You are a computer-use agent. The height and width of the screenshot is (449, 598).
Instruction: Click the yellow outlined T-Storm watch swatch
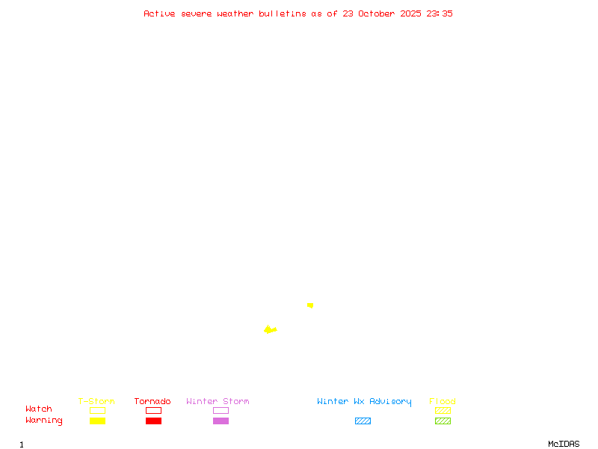click(97, 410)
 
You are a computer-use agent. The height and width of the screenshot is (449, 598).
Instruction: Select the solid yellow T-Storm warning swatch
click(97, 421)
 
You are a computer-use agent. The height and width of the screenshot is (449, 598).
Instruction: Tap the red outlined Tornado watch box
click(153, 410)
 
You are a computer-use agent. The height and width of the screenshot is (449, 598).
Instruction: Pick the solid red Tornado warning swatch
click(153, 421)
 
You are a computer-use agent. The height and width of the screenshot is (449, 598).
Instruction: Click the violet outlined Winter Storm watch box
click(221, 410)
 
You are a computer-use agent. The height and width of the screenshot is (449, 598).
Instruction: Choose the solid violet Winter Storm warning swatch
click(221, 421)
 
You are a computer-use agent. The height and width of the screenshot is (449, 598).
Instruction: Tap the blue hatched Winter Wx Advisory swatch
click(363, 421)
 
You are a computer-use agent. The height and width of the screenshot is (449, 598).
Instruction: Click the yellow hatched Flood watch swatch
click(443, 410)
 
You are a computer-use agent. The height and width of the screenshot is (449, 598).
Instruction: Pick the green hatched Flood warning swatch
click(443, 421)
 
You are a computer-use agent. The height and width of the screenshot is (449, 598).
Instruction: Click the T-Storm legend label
click(96, 401)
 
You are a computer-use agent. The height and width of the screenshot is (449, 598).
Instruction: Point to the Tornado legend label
click(152, 401)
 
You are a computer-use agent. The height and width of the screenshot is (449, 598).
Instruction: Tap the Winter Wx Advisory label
click(364, 401)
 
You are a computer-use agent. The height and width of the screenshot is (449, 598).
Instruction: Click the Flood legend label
click(443, 401)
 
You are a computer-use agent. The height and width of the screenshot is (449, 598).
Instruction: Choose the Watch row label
click(39, 409)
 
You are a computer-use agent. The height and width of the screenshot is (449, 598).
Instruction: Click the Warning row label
click(44, 421)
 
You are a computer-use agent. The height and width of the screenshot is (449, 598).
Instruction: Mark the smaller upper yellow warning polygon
click(310, 305)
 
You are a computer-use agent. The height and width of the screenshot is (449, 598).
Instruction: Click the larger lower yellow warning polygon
click(269, 329)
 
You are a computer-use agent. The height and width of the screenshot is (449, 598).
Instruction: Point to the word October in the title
click(381, 13)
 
